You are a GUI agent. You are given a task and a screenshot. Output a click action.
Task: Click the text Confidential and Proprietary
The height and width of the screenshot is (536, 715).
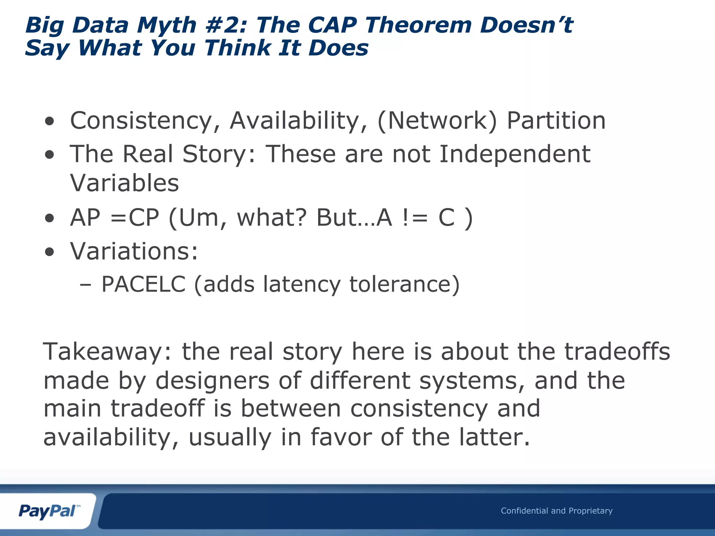556,511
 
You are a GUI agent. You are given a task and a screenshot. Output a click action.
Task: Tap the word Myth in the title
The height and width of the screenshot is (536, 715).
167,25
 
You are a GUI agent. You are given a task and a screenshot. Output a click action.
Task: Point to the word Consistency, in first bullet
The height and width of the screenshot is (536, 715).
146,121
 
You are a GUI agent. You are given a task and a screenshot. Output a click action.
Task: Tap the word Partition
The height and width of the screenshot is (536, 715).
556,121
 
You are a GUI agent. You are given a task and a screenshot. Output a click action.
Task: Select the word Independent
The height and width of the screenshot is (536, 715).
515,154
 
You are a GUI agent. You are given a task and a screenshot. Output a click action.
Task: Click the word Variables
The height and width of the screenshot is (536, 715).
124,183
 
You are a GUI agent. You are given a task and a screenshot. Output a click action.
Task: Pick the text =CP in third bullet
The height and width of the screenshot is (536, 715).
135,218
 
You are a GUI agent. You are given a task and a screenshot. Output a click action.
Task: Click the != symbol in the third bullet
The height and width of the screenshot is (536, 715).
415,218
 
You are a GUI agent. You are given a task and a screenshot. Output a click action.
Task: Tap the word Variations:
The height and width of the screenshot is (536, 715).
134,251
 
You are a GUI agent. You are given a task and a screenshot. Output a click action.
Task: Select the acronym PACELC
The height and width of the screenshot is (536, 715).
143,284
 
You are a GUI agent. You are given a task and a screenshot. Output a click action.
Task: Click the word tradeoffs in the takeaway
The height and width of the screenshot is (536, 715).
617,352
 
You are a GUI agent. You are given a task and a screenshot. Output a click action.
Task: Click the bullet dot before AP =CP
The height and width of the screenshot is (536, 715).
50,218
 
